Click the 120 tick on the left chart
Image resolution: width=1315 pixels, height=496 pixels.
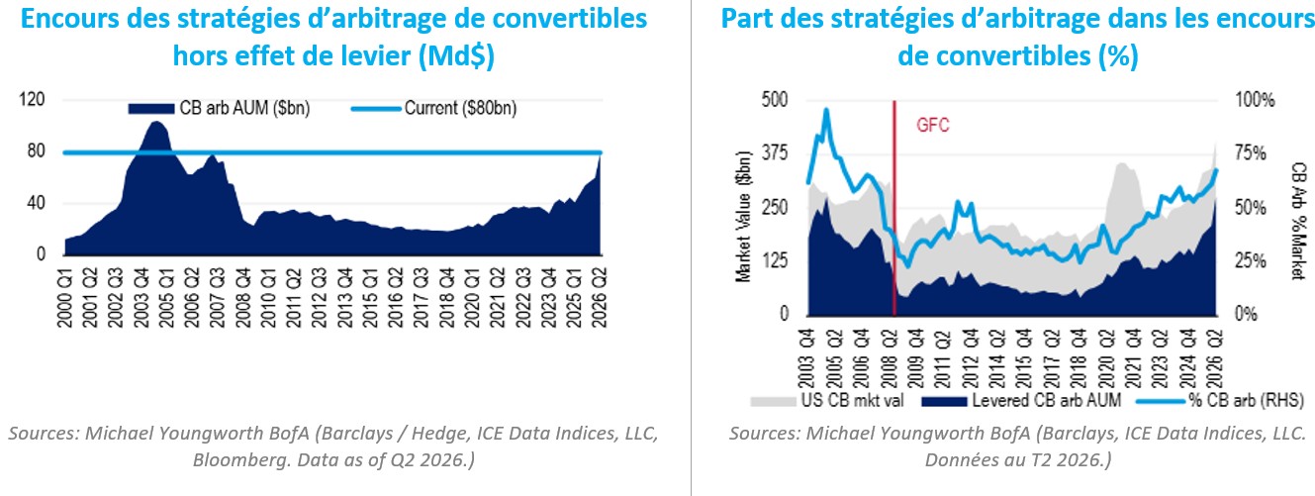tap(32, 99)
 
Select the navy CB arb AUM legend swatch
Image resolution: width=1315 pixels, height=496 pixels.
tap(150, 109)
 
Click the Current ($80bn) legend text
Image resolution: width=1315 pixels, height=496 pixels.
tap(460, 108)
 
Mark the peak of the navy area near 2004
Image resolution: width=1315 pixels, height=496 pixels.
tap(155, 122)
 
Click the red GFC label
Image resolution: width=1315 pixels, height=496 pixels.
tap(933, 125)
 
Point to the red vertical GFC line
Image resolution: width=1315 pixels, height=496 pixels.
tap(894, 208)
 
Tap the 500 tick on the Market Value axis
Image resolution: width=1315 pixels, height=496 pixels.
tap(775, 99)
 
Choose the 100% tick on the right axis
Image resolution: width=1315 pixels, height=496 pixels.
tap(1255, 100)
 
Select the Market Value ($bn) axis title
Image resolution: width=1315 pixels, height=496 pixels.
tap(743, 217)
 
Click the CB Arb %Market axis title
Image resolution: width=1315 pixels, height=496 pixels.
tap(1299, 221)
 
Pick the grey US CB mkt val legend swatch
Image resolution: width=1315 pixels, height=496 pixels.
tap(773, 401)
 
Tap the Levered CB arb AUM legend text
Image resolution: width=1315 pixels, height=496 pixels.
tap(1046, 401)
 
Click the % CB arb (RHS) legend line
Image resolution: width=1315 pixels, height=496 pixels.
tap(1161, 401)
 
